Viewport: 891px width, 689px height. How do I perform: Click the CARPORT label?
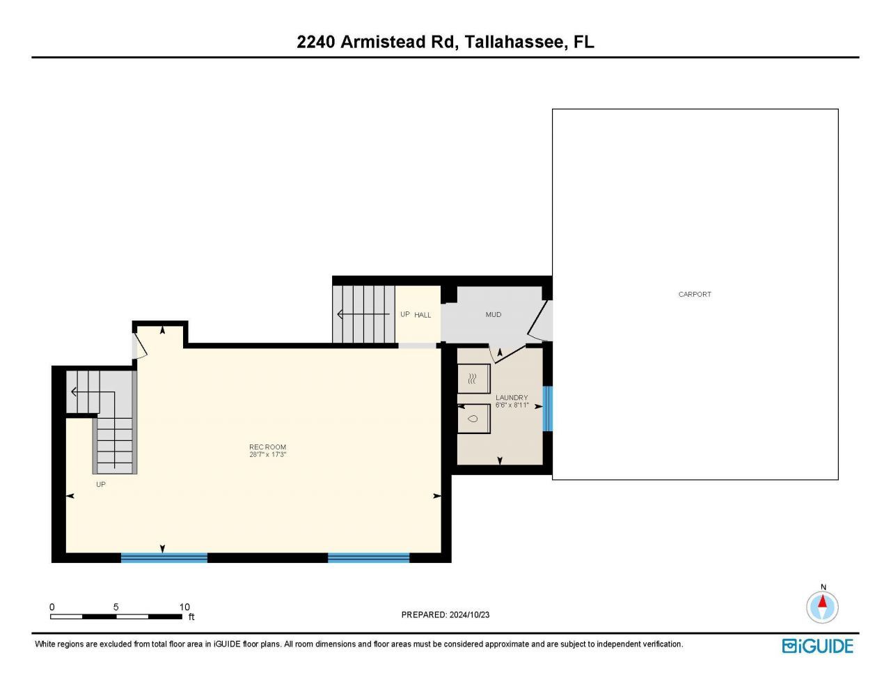coord(694,295)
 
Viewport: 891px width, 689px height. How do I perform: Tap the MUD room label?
coord(493,315)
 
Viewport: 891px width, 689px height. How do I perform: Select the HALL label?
coord(423,315)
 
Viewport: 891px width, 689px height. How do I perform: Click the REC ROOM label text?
coord(267,447)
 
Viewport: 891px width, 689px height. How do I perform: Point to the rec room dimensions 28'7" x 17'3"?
coord(267,455)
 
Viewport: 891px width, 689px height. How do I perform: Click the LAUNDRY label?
coord(511,398)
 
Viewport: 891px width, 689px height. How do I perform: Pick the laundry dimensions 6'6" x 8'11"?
coord(512,405)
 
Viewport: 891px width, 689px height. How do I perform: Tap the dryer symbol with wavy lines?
coord(473,379)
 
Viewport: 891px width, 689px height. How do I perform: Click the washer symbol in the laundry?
coord(473,419)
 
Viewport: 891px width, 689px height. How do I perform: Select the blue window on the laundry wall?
coord(547,409)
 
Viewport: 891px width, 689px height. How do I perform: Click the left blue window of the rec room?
coord(164,557)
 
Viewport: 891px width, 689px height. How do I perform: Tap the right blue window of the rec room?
coord(368,557)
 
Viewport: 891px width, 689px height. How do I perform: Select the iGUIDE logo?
coord(817,646)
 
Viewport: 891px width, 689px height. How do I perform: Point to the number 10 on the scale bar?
coord(184,607)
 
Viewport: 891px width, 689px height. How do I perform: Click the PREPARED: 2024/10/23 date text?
coord(445,614)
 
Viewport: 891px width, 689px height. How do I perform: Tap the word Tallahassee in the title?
coord(514,42)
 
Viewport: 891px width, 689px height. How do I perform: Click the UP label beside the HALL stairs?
coord(404,314)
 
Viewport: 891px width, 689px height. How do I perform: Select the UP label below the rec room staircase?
coord(101,484)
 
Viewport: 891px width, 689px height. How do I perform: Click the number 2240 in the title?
coord(316,42)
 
